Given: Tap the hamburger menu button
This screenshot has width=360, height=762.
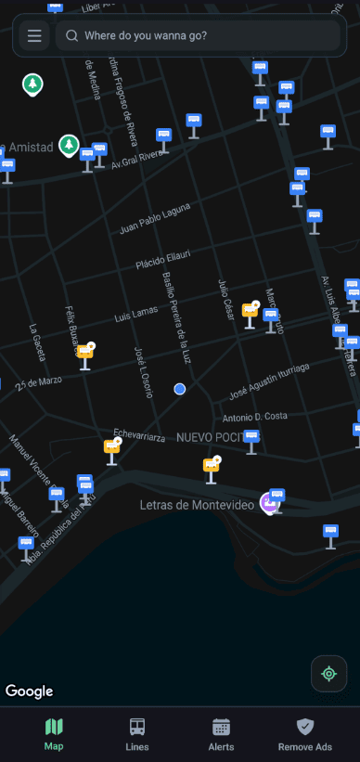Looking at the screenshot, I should coord(34,36).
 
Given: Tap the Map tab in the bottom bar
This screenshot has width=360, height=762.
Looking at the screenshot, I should coord(54,733).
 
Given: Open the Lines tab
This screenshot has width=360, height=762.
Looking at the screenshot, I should coord(136,733).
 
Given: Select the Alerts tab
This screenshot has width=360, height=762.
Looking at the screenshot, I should coord(221,733).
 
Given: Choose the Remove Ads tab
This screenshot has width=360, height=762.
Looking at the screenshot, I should coord(304,733).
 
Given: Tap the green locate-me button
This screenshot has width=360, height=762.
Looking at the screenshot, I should coord(328,673).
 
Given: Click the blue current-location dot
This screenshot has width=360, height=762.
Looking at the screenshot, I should coord(180,389).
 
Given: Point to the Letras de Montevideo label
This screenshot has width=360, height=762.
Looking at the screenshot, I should coord(196,505).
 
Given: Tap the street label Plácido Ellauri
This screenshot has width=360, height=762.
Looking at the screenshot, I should coord(163,259).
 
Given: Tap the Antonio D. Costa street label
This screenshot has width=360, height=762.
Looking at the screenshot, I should coord(255,416).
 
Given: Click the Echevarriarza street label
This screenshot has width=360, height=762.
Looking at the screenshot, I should coord(138,434).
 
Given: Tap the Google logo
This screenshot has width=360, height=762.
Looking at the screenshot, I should coord(30,691).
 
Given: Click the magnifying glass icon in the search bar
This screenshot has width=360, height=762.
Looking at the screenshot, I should coord(71,36).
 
